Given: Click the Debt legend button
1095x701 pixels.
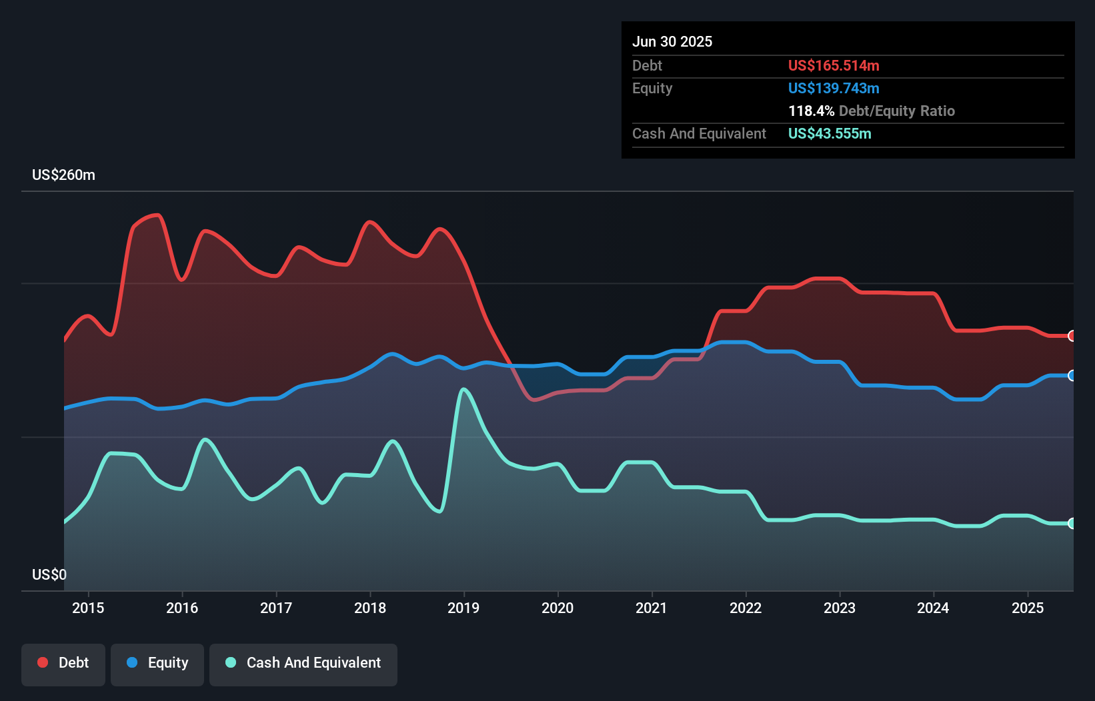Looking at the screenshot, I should click(63, 664).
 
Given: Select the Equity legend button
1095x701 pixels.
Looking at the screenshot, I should click(157, 664).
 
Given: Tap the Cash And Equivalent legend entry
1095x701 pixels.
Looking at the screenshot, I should click(303, 664).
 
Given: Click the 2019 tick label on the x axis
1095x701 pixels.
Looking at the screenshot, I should click(463, 608).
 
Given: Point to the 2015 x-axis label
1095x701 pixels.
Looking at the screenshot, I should click(88, 608).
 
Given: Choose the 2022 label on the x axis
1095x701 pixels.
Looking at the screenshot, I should click(746, 608).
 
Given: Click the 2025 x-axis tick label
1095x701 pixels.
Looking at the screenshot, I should click(1028, 608).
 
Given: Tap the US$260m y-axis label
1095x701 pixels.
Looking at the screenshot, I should click(64, 175).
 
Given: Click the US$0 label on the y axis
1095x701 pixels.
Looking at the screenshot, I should click(49, 574).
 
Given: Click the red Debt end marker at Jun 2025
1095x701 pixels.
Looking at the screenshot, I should click(1072, 336).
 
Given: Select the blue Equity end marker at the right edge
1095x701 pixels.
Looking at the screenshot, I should click(1072, 376).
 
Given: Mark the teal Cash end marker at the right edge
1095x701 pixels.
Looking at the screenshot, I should click(1072, 523).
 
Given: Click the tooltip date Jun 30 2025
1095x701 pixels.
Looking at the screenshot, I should click(672, 41).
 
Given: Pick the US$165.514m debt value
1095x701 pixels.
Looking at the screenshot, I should click(834, 65).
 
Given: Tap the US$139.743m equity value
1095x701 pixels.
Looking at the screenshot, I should click(834, 88).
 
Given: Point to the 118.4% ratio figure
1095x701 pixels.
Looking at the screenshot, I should click(812, 111).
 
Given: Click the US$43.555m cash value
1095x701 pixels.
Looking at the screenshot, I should click(830, 133).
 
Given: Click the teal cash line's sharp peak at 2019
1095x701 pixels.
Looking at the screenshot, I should click(463, 389).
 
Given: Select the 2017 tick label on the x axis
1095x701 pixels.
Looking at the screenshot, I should click(276, 608).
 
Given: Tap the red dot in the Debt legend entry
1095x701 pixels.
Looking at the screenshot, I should click(43, 662).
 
